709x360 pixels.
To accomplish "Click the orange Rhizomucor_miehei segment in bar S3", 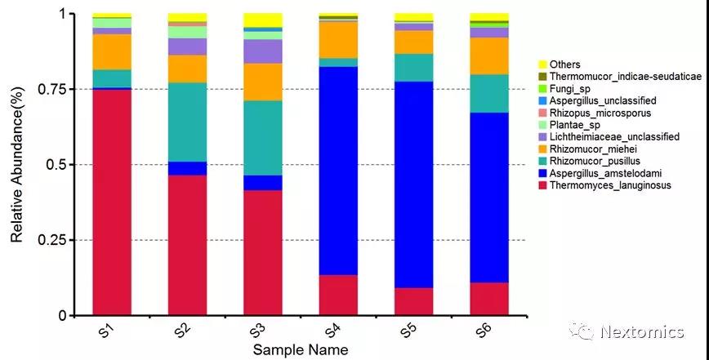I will point(262,82).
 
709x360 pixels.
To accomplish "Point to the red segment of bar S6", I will point(488,299).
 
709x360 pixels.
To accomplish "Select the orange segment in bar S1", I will point(112,51).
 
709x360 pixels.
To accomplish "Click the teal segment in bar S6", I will point(488,93).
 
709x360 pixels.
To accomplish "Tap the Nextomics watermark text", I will point(641,331).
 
